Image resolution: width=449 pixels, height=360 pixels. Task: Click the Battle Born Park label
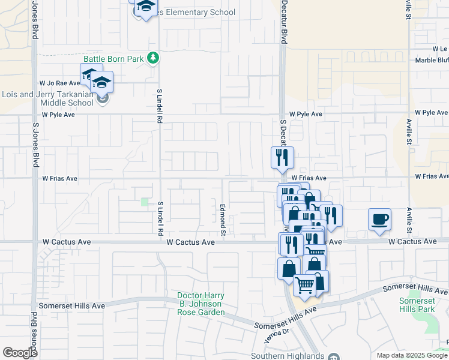[113, 59]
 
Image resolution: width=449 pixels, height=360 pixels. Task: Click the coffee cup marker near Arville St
[379, 220]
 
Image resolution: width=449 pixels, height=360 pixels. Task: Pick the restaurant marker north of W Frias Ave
[282, 158]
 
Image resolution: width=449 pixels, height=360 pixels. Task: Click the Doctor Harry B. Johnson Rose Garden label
[201, 304]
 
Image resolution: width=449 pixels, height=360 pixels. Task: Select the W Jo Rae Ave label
[59, 83]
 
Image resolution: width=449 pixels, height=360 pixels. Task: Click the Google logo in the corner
[20, 353]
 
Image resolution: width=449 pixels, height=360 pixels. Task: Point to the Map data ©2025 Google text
[412, 355]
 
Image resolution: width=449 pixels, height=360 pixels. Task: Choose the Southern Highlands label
[294, 355]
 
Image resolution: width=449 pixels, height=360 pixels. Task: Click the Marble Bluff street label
[432, 61]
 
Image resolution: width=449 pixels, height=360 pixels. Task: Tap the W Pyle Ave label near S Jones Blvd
[58, 114]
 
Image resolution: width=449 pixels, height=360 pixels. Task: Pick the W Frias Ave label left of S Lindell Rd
[59, 178]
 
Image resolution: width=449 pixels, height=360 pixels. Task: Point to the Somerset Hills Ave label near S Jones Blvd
[72, 305]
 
